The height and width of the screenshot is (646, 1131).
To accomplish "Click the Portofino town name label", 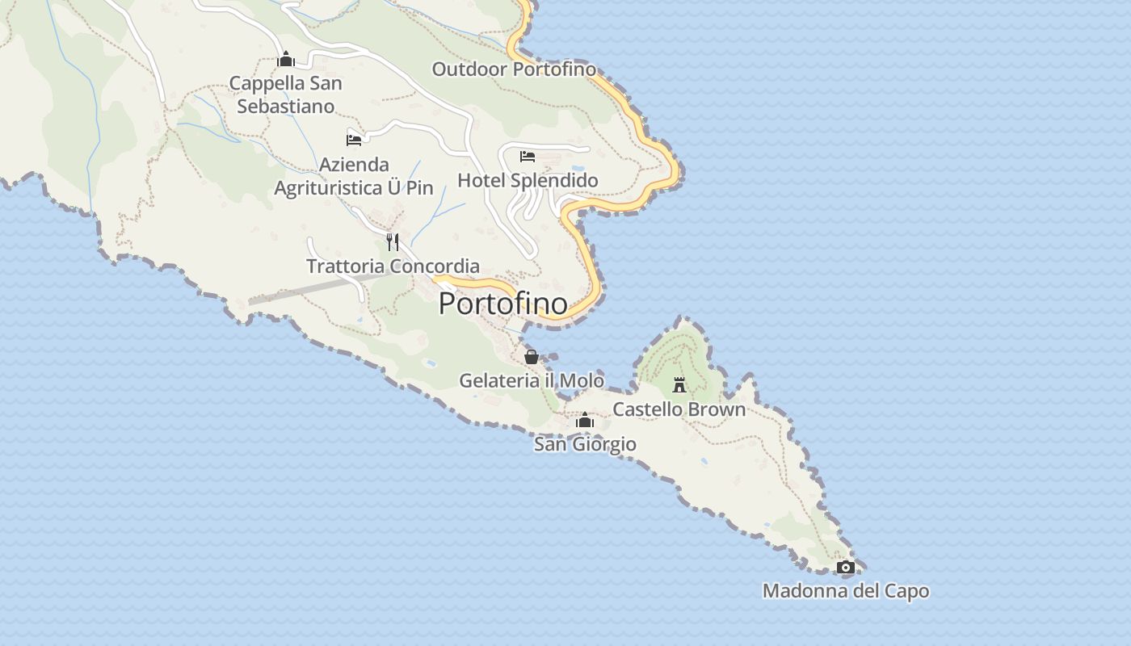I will pos(502,304).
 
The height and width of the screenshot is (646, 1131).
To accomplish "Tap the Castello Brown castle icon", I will pos(679,385).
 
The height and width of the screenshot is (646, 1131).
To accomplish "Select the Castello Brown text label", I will pos(679,409).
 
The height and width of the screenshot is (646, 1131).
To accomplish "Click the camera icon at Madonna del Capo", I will pos(846,568).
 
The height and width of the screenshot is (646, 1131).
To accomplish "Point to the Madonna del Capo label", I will pos(846,592).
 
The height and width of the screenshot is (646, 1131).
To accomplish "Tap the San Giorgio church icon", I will pos(585,421).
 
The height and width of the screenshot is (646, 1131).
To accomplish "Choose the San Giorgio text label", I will pos(585,444).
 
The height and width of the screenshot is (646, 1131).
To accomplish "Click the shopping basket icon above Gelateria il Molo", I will pos(532,357).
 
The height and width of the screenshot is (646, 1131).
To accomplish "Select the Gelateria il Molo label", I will pos(532,380).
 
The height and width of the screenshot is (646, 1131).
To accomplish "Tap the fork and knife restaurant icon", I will pos(393,241).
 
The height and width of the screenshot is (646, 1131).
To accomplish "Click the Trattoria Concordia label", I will pos(393,266).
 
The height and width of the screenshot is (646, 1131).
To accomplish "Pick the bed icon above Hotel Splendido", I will pos(528,156).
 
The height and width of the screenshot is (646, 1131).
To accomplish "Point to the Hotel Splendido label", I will pos(528,180).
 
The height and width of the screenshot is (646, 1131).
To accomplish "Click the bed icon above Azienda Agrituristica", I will pos(354,140).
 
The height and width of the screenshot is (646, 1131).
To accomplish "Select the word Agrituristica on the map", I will pos(330,188).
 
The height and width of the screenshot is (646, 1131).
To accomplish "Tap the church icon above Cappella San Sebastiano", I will pos(285,59).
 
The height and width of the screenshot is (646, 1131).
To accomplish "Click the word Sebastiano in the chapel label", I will pos(285,107).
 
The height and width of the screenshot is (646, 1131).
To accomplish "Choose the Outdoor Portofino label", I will pos(514,69).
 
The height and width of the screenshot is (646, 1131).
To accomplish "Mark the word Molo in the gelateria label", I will pos(582,380).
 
